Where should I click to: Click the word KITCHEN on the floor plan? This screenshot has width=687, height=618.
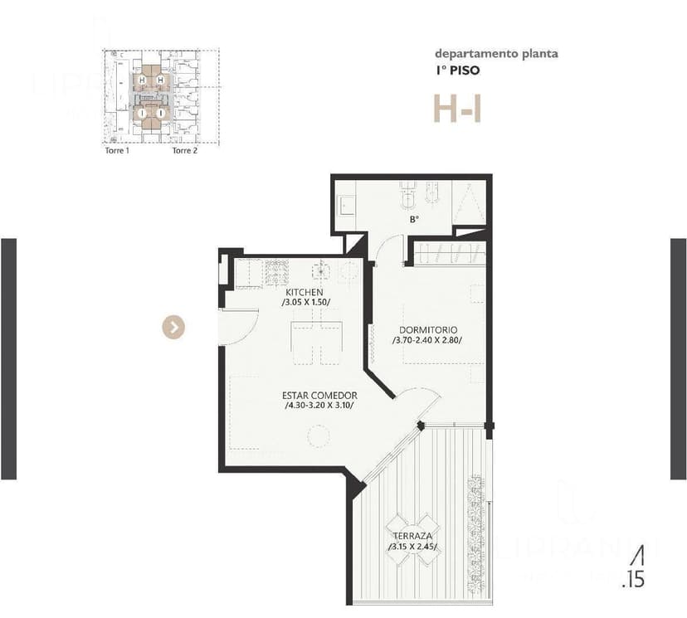(x=304, y=293)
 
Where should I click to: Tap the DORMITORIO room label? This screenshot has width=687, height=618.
(x=427, y=329)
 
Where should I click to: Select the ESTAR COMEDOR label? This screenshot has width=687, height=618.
(x=319, y=396)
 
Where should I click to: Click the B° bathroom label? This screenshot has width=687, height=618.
(x=413, y=220)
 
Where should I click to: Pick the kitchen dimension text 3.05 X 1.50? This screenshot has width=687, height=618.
(x=306, y=304)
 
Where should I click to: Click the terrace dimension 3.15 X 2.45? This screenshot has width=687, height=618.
(x=412, y=547)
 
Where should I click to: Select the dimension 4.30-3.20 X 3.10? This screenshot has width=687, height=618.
(x=319, y=406)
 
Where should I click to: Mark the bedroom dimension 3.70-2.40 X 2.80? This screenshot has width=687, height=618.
(x=428, y=340)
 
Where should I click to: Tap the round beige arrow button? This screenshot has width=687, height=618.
(x=173, y=328)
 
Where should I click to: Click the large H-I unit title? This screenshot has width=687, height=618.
(x=456, y=109)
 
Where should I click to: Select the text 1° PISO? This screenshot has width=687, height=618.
(x=457, y=71)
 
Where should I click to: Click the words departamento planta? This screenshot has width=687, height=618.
(x=496, y=54)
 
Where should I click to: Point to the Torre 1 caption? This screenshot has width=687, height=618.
(x=116, y=151)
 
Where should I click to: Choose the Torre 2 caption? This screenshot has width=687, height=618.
(x=184, y=151)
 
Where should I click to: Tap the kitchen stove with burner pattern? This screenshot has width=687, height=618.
(x=273, y=271)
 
